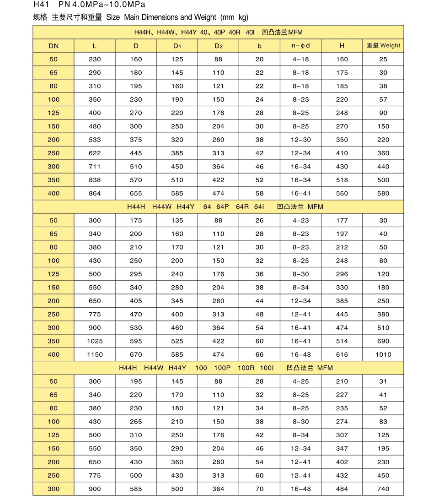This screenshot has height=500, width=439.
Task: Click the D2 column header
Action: click(x=218, y=46)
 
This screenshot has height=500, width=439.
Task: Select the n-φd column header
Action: click(x=300, y=46)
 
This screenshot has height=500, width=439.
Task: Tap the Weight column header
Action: click(x=383, y=46)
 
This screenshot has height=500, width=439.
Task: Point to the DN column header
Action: click(x=54, y=46)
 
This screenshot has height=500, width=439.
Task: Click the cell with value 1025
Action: click(x=95, y=341)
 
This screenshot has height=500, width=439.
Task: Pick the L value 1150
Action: click(x=95, y=354)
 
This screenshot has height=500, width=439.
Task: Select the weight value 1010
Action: click(x=383, y=354)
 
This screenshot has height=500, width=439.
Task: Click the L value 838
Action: click(x=95, y=180)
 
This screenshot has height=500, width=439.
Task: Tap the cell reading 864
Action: click(x=95, y=193)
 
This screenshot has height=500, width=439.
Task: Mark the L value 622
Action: click(x=95, y=153)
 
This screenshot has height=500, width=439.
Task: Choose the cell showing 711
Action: click(x=95, y=167)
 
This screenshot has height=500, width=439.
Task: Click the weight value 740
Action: click(x=383, y=489)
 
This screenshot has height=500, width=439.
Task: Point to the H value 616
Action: click(x=342, y=354)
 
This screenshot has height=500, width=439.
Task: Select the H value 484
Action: click(x=342, y=489)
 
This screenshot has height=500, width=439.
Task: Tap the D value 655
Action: click(x=136, y=193)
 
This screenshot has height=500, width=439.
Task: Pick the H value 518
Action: click(x=342, y=180)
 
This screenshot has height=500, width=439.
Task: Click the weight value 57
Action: click(x=383, y=99)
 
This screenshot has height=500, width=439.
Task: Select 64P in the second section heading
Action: click(x=223, y=207)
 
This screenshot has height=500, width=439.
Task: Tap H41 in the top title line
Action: click(x=42, y=5)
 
